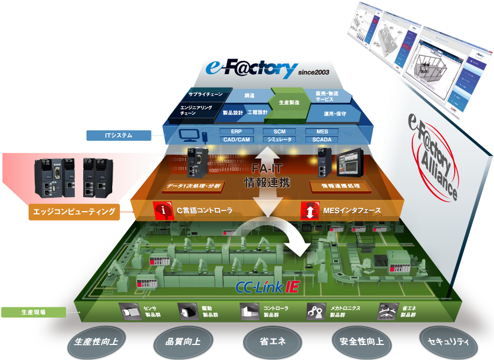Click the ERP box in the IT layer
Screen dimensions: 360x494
pos(236,131)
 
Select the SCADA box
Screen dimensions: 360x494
pos(322,140)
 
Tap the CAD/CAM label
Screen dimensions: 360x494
pos(236,140)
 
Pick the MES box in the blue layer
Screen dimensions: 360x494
pos(322,131)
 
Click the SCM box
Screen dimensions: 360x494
pos(279,131)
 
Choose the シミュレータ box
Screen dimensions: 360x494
pos(279,140)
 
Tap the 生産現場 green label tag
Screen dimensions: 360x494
pos(33,312)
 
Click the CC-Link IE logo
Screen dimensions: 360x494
pos(267,287)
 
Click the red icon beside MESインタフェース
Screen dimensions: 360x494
pos(310,210)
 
